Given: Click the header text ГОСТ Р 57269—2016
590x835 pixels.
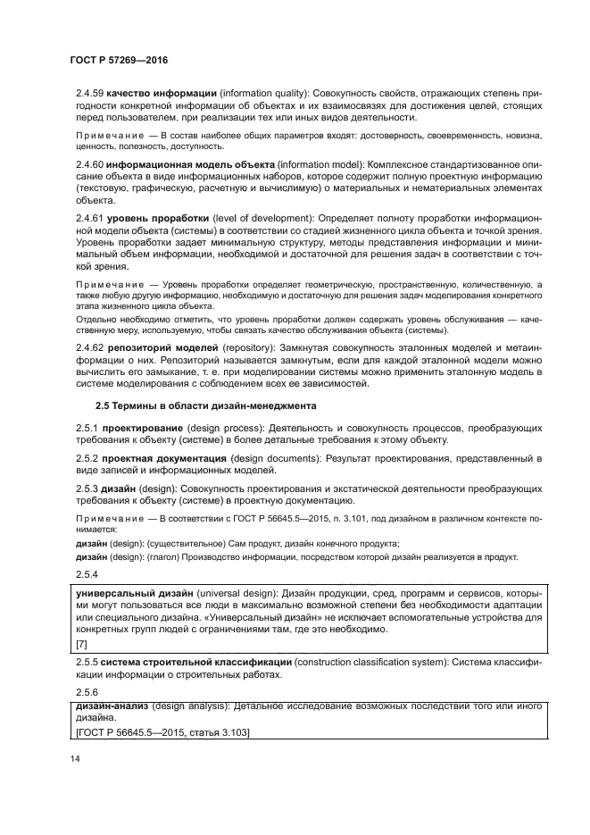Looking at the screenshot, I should (119, 60).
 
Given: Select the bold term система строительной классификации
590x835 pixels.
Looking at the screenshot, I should (195, 662).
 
